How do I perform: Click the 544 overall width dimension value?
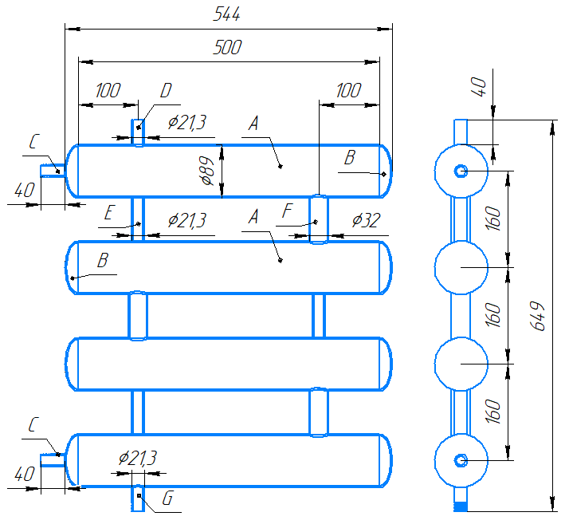(227, 14)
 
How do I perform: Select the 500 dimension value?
(228, 47)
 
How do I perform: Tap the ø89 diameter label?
(207, 171)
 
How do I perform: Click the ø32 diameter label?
(366, 220)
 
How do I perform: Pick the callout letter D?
(166, 90)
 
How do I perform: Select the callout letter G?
(167, 498)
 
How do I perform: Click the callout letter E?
(110, 212)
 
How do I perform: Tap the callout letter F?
(288, 211)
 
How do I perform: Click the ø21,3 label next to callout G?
(138, 458)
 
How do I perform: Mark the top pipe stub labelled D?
(138, 132)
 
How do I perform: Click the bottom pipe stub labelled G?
(138, 498)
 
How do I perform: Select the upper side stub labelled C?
(53, 171)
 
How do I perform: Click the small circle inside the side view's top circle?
(461, 171)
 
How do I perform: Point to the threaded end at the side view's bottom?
(461, 506)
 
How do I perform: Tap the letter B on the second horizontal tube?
(103, 260)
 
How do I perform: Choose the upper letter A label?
(253, 123)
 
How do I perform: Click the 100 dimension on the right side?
(349, 90)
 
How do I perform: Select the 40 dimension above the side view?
(480, 86)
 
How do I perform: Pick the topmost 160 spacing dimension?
(493, 219)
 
